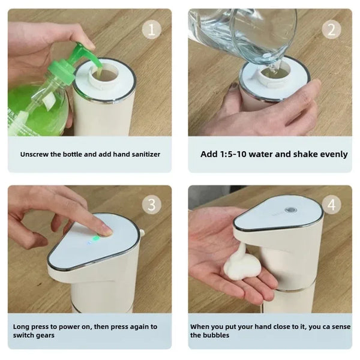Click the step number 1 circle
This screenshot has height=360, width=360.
click(x=151, y=29)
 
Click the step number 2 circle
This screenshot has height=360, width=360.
click(x=331, y=29)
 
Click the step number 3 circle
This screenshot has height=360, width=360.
click(x=151, y=205)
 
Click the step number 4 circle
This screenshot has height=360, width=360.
click(x=331, y=205)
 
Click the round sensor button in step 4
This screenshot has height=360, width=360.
click(x=292, y=211)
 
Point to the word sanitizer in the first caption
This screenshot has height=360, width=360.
click(x=142, y=154)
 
